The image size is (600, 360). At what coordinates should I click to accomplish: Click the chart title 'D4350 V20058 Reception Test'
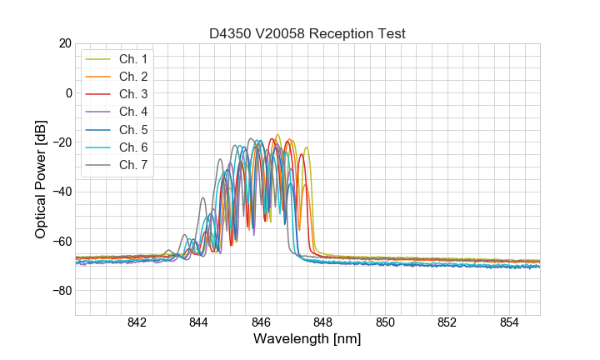coord(307,33)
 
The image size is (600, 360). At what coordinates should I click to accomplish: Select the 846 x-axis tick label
coord(261,323)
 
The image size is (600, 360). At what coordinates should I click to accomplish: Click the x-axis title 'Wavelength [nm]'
coord(307,340)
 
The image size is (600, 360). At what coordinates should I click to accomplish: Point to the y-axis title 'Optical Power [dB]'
coord(40,179)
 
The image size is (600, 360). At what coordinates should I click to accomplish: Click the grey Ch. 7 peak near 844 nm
coord(202,198)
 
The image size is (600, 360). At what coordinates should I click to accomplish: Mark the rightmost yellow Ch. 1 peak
coord(307,148)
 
